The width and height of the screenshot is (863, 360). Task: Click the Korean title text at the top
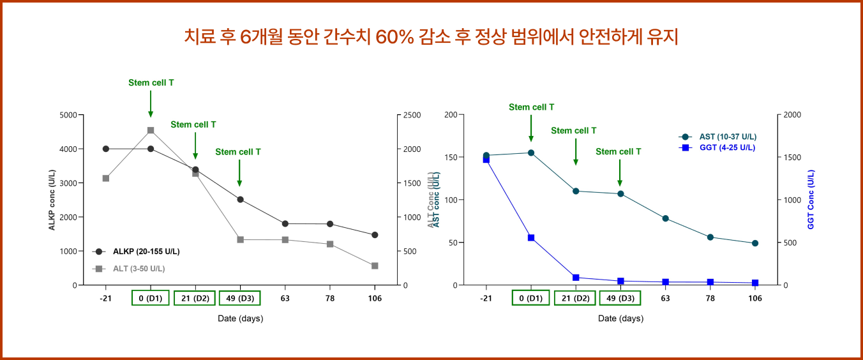431,37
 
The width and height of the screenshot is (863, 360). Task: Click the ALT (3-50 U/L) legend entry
139,269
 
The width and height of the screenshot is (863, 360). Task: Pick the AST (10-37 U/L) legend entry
727,137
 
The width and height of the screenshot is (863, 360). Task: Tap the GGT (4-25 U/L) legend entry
727,147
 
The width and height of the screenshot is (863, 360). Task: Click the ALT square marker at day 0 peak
151,130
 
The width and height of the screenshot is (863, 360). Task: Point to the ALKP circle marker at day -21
106,149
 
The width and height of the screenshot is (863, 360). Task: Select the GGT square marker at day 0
531,237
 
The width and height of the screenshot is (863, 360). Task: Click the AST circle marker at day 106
755,243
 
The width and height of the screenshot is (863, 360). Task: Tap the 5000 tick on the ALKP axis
67,115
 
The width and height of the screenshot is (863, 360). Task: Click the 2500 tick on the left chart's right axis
412,115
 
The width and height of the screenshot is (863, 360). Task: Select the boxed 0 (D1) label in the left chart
151,298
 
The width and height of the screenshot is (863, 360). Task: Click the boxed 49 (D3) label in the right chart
620,298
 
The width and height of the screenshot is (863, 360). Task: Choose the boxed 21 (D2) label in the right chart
575,298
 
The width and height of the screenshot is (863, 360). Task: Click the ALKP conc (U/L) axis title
52,199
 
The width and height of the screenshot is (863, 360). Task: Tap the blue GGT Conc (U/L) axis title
811,199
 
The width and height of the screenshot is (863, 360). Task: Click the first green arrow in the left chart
151,103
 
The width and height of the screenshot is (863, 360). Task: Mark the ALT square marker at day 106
375,266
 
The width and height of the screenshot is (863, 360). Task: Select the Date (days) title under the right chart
620,319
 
